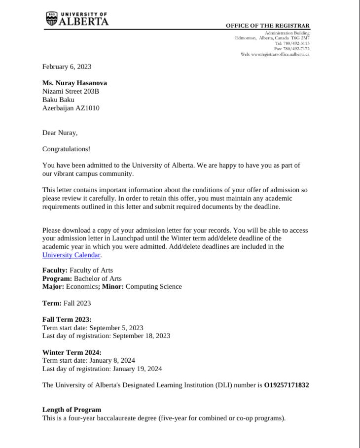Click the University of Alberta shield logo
pyautogui.click(x=51, y=19)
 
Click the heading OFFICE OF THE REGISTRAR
pyautogui.click(x=268, y=26)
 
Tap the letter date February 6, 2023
pyautogui.click(x=67, y=67)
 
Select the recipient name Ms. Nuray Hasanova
pyautogui.click(x=74, y=83)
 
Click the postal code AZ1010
pyautogui.click(x=87, y=108)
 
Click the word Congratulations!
pyautogui.click(x=66, y=149)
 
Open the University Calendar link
pyautogui.click(x=72, y=255)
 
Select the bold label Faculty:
pyautogui.click(x=55, y=270)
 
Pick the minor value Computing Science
pyautogui.click(x=153, y=286)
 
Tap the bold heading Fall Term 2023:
pyautogui.click(x=67, y=319)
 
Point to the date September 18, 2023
pyautogui.click(x=142, y=336)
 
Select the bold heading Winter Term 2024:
pyautogui.click(x=72, y=352)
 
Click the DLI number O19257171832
pyautogui.click(x=287, y=385)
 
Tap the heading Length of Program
pyautogui.click(x=72, y=410)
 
